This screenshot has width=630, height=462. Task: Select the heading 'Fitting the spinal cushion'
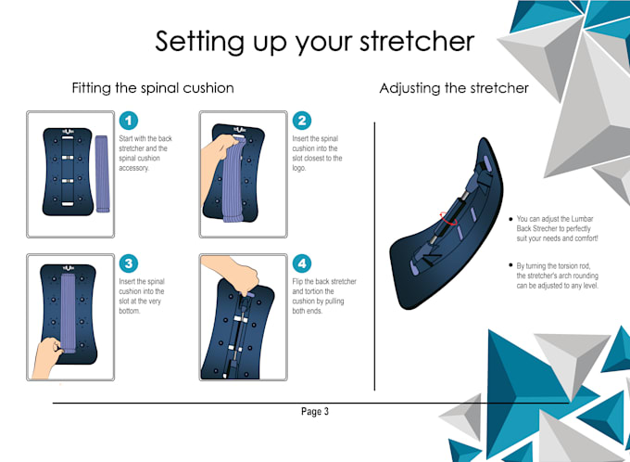(153, 88)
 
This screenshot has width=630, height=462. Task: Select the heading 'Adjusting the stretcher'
(454, 88)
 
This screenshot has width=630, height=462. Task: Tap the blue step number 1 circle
(130, 121)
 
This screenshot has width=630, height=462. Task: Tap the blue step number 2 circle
(302, 121)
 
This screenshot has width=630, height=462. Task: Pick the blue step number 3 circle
(130, 263)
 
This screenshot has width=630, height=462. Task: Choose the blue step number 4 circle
(302, 263)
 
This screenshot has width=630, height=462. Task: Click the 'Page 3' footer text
(315, 412)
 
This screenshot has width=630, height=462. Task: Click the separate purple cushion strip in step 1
(102, 173)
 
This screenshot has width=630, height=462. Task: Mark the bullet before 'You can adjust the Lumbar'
(510, 219)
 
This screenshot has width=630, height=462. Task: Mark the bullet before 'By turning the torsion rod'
(510, 264)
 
